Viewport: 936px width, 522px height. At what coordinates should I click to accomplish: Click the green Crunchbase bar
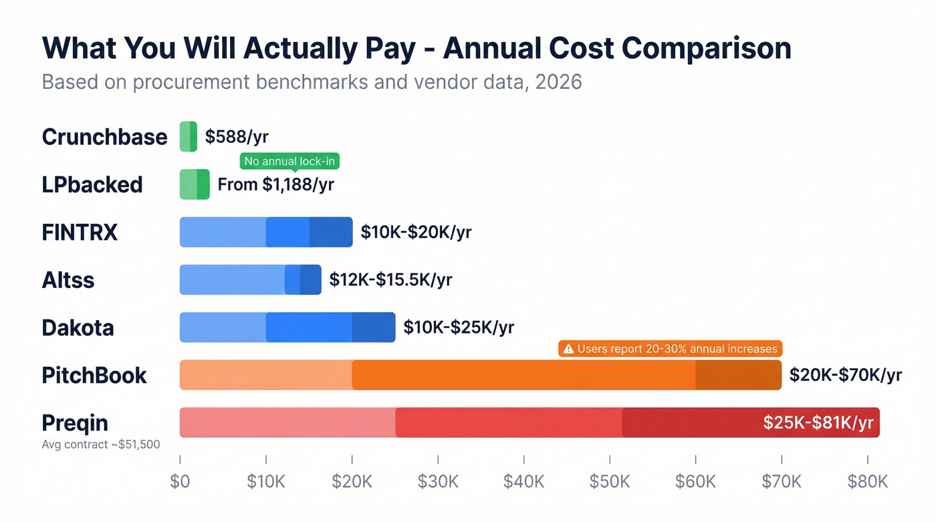[x=189, y=136]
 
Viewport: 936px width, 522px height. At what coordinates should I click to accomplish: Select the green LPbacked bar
[x=195, y=184]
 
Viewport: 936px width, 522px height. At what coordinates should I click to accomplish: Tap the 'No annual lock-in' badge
[x=289, y=161]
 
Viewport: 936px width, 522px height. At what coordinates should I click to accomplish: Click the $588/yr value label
[x=237, y=136]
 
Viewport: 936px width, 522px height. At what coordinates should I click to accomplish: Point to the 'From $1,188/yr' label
[x=275, y=184]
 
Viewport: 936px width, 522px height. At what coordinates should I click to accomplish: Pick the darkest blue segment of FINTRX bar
[x=331, y=232]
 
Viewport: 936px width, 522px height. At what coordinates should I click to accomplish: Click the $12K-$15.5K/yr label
[x=390, y=279]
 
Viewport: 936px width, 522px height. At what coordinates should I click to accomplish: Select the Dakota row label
[x=78, y=328]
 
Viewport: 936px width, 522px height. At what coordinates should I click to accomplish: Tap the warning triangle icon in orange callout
[x=568, y=349]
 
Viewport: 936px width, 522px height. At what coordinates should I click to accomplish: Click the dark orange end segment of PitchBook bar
[x=739, y=375]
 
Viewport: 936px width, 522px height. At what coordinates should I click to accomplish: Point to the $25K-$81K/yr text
[x=818, y=422]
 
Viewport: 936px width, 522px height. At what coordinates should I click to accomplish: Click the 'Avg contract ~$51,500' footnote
[x=101, y=444]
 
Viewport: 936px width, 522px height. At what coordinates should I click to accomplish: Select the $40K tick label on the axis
[x=523, y=481]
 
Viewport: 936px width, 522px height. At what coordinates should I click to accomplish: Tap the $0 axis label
[x=180, y=481]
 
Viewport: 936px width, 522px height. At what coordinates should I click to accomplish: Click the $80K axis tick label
[x=868, y=481]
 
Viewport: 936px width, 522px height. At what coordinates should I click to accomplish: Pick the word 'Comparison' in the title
[x=707, y=48]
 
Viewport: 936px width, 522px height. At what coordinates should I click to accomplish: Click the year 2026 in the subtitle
[x=558, y=82]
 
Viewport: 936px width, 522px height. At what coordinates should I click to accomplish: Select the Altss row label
[x=68, y=280]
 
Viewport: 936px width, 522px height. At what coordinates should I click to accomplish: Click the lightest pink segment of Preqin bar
[x=287, y=422]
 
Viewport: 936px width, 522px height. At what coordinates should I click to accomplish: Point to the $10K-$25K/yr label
[x=459, y=327]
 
